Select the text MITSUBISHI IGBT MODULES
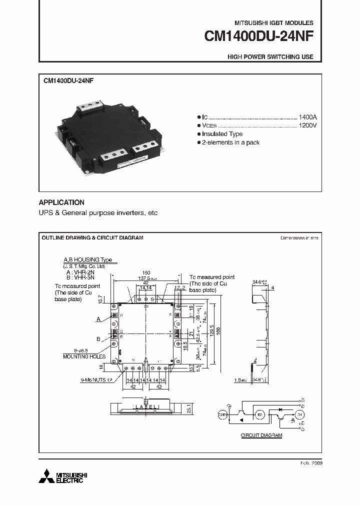click(x=274, y=23)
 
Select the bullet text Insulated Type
click(x=222, y=134)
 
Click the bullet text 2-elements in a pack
click(x=230, y=142)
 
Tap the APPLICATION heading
click(x=61, y=202)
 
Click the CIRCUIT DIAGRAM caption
click(x=261, y=435)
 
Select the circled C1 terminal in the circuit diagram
click(x=299, y=414)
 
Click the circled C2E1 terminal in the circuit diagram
click(x=222, y=414)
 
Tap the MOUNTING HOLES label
click(x=84, y=356)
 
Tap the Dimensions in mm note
click(x=299, y=238)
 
